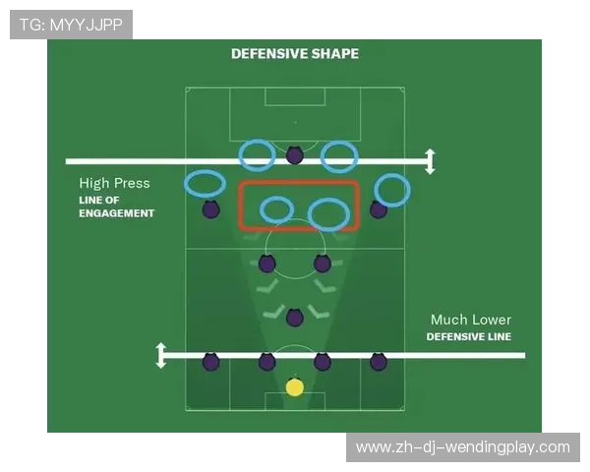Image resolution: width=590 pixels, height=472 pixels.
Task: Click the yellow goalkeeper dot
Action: pos(295,387)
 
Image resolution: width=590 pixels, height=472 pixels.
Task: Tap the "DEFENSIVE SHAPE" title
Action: pos(295,54)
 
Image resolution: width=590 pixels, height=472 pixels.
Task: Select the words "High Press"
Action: pos(114,183)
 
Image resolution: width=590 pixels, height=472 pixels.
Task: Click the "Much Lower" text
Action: pos(471,320)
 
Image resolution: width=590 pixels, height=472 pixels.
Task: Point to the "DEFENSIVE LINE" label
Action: pos(469,336)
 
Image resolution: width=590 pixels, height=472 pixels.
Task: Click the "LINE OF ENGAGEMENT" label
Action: pos(117,206)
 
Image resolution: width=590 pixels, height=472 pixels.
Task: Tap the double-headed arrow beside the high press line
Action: pos(430,161)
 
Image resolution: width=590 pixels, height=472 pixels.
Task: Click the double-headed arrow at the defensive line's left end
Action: pos(161,355)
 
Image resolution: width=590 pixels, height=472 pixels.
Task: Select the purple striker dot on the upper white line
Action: pos(295,154)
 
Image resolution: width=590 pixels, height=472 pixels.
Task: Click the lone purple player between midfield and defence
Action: pos(295,318)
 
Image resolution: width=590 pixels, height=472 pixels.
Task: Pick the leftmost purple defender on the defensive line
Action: pos(210,362)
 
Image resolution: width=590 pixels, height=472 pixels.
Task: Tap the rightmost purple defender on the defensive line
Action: pos(379,362)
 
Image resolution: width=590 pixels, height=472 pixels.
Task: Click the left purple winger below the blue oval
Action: pos(210,209)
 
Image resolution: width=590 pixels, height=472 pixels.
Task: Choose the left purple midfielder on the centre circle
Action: pos(266,264)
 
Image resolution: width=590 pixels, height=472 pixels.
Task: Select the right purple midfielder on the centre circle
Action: pos(323,264)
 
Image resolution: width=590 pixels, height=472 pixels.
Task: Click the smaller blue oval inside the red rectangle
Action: pos(261,209)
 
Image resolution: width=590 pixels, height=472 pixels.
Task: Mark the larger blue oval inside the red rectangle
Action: pos(309,215)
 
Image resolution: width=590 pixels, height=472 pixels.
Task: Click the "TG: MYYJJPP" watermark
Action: pos(71,25)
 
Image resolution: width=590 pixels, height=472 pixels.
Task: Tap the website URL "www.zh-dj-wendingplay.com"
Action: pos(463,447)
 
